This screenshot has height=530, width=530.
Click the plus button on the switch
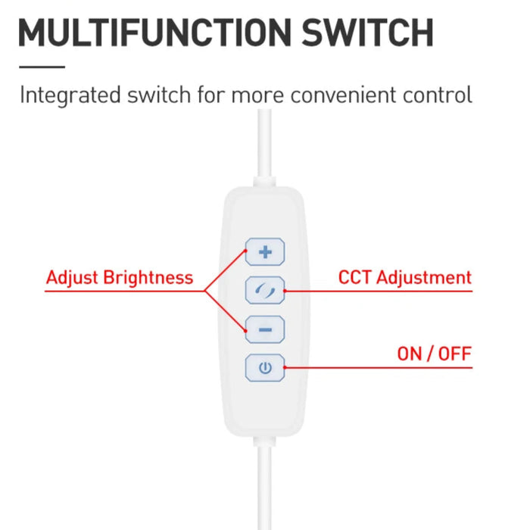coord(265,252)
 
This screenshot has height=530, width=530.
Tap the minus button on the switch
coord(265,329)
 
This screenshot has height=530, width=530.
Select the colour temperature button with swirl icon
coord(265,290)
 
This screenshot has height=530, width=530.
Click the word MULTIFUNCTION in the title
coord(154,33)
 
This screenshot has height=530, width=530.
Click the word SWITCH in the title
coord(367,33)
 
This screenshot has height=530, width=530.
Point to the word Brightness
coord(148,278)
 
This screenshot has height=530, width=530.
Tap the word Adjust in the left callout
coord(72,278)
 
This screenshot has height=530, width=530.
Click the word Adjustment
coord(424,278)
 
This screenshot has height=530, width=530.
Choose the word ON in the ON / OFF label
coord(410,354)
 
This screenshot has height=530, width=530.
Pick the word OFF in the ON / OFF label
coord(454,354)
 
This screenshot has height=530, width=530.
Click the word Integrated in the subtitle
coord(70,95)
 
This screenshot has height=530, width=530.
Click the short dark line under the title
coord(42,67)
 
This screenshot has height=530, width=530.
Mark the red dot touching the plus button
coord(246,251)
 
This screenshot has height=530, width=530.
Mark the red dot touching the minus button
coord(246,331)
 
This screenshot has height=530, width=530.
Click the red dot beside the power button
coord(285,367)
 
